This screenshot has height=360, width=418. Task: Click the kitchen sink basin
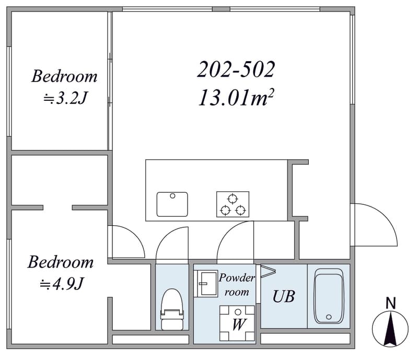172,204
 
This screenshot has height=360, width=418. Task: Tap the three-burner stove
233,204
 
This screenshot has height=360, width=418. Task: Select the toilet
172,309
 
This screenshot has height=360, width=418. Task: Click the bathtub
329,296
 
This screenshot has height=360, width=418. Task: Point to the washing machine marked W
237,323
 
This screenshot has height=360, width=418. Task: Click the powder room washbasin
206,284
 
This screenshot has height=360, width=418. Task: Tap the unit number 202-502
236,69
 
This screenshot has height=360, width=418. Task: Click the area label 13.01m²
236,98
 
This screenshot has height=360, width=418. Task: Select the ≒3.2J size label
65,98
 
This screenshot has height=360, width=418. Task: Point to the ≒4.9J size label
62,284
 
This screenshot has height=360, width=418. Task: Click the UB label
284,296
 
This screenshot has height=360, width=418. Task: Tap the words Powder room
237,285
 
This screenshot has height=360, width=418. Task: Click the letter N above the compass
390,303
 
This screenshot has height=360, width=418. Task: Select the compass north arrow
390,329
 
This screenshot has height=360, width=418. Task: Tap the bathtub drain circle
329,317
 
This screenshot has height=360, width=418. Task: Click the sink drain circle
172,196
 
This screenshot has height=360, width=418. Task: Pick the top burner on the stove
233,199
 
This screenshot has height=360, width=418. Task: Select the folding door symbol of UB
268,272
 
